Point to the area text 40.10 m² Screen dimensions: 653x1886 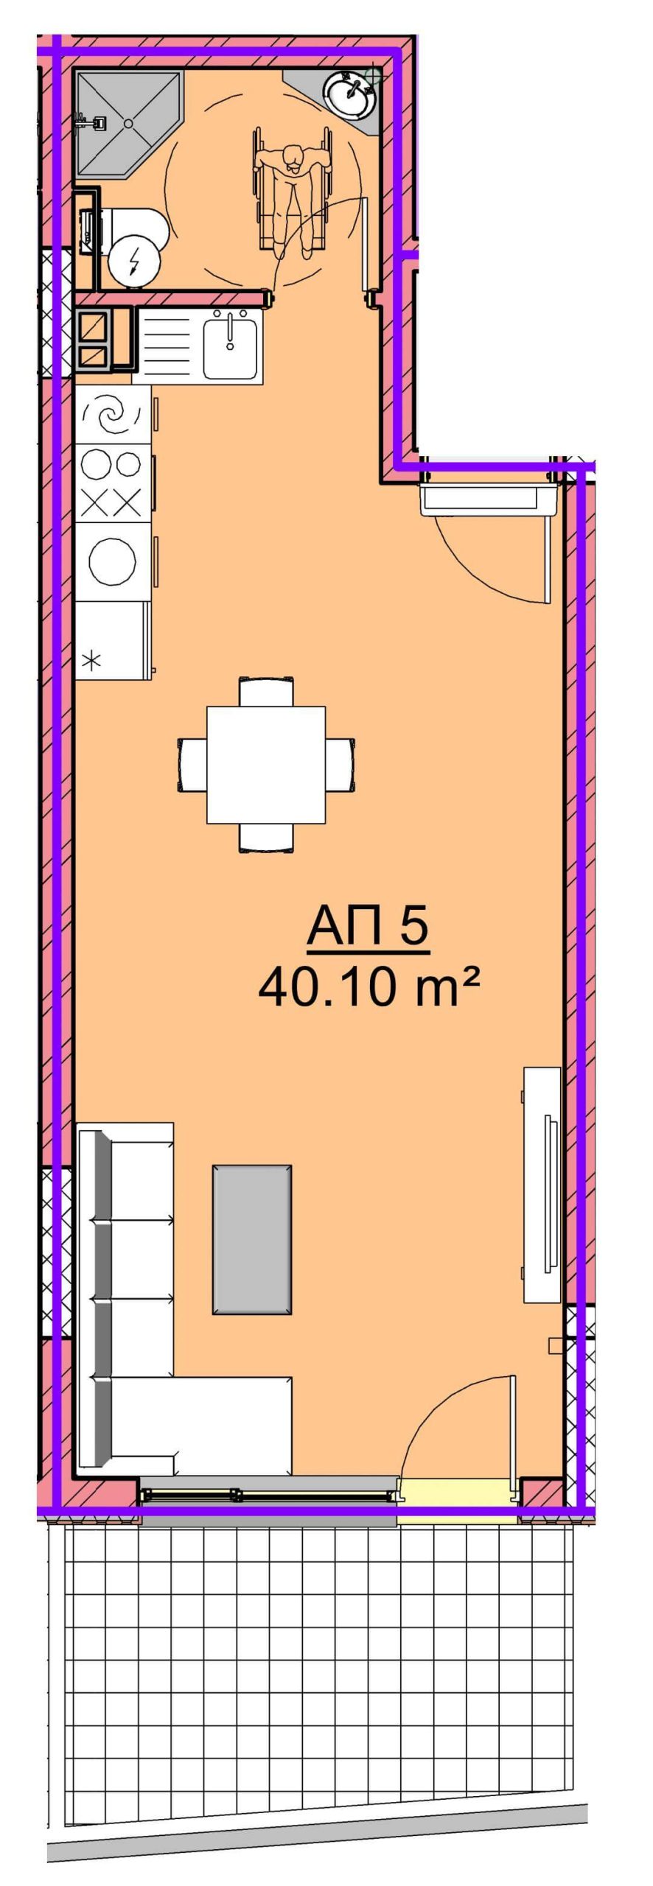[x=369, y=986]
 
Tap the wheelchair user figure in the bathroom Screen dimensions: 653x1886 [x=293, y=193]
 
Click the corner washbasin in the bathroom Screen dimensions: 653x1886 [x=351, y=94]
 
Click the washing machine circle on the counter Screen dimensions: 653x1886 [x=112, y=561]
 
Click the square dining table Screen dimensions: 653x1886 [x=266, y=765]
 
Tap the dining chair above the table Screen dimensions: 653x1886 [x=266, y=691]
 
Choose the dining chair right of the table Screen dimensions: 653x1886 [x=341, y=765]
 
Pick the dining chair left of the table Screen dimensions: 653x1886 [x=192, y=765]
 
